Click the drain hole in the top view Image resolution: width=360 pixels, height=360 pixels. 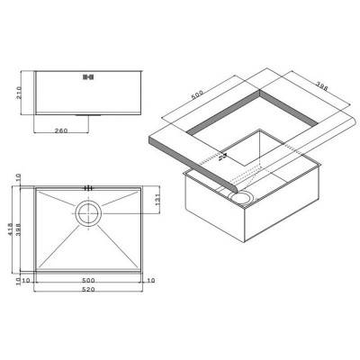[x=88, y=213]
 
